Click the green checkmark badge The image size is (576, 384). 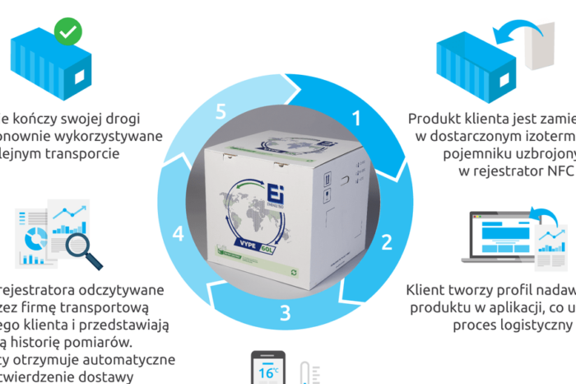pyautogui.click(x=67, y=33)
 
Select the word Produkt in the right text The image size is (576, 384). pyautogui.click(x=435, y=118)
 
